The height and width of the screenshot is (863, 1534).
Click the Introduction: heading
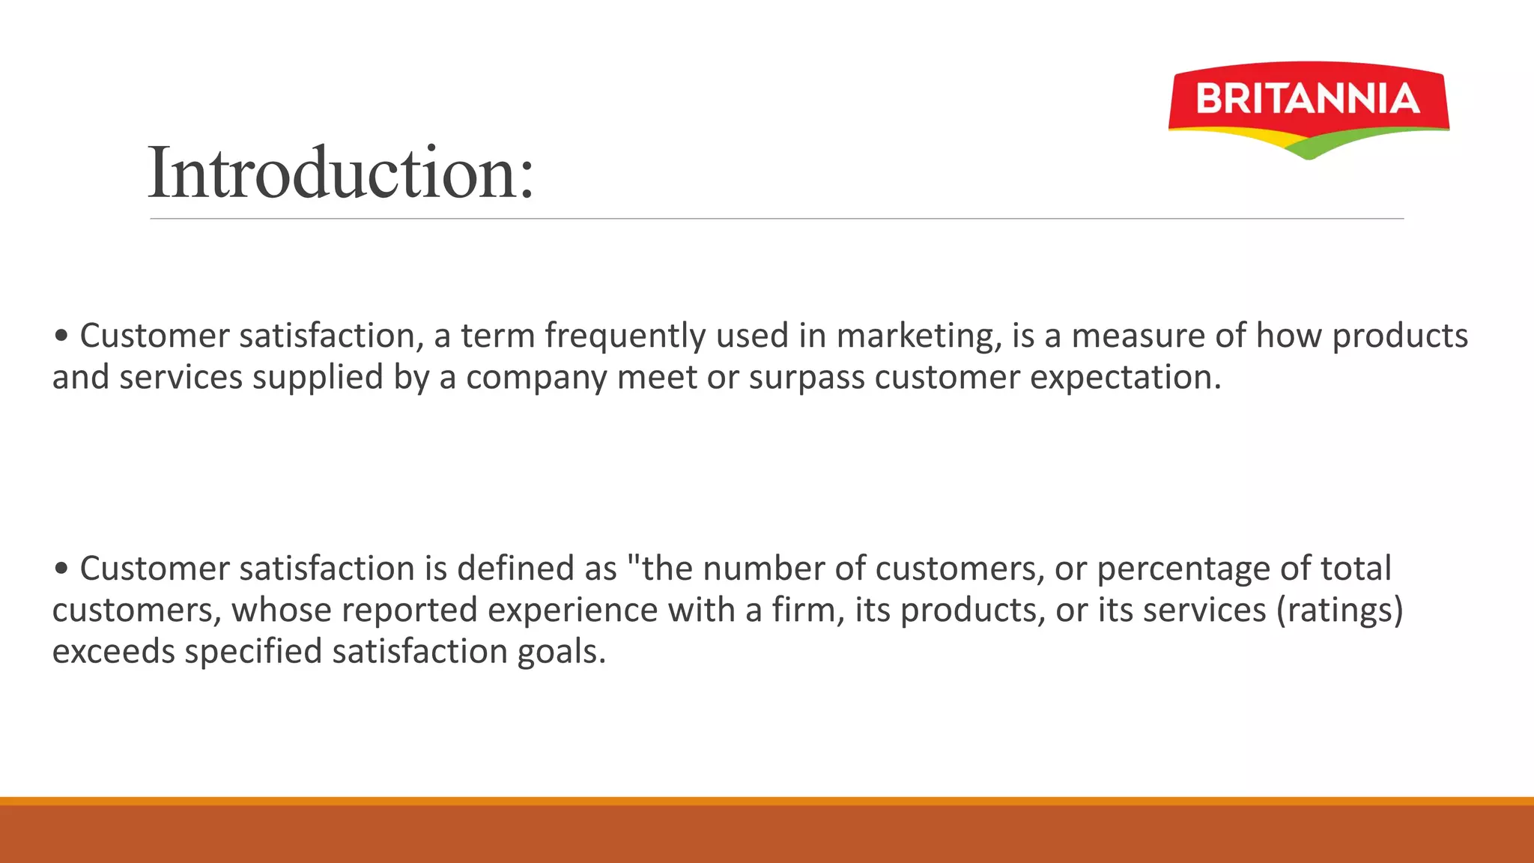[x=341, y=174]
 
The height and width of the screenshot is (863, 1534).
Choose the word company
[x=536, y=378]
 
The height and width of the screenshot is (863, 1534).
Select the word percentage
[x=1183, y=569]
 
